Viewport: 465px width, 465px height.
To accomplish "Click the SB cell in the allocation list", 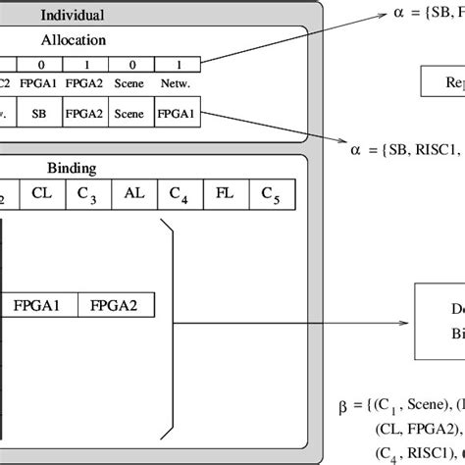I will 40,114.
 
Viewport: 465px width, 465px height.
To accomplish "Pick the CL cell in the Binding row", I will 42,193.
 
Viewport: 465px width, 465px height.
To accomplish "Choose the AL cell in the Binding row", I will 134,193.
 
